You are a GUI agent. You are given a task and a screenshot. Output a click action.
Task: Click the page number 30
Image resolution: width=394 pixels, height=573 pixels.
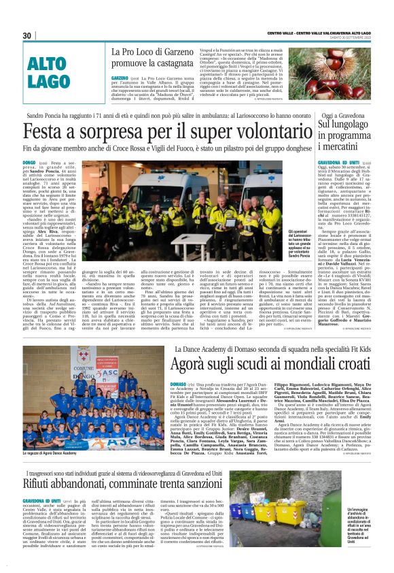pos(27,35)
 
